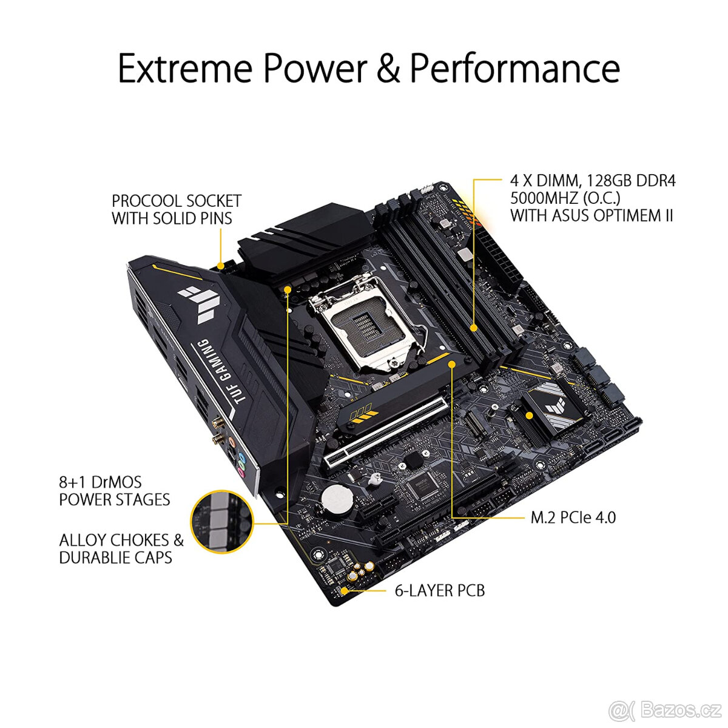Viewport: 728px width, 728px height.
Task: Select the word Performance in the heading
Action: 514,68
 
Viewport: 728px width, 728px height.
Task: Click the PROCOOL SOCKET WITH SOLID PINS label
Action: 176,210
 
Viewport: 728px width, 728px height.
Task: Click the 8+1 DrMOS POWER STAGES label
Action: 114,491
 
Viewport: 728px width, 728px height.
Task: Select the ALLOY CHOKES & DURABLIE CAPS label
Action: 121,548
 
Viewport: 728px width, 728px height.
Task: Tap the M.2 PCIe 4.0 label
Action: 573,517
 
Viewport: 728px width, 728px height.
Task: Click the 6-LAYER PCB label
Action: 439,590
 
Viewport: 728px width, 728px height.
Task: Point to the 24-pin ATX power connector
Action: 505,261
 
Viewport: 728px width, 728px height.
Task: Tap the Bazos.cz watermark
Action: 666,707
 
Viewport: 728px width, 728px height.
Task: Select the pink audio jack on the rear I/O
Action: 241,470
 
